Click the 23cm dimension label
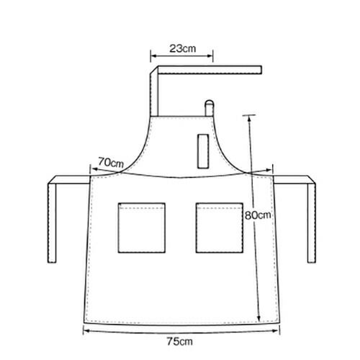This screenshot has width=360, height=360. pyautogui.click(x=183, y=49)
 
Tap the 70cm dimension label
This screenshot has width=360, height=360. pyautogui.click(x=111, y=163)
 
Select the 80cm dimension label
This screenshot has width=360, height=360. pyautogui.click(x=258, y=215)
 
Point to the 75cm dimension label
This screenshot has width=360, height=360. pyautogui.click(x=180, y=341)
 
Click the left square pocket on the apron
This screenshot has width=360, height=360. pyautogui.click(x=142, y=228)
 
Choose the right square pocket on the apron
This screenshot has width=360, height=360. pyautogui.click(x=220, y=228)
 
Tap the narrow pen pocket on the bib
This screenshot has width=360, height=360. pyautogui.click(x=203, y=151)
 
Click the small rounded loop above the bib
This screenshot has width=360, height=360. pyautogui.click(x=209, y=108)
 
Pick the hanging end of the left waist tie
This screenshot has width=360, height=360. pyautogui.click(x=52, y=261)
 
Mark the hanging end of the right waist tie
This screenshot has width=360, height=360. pyautogui.click(x=312, y=261)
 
